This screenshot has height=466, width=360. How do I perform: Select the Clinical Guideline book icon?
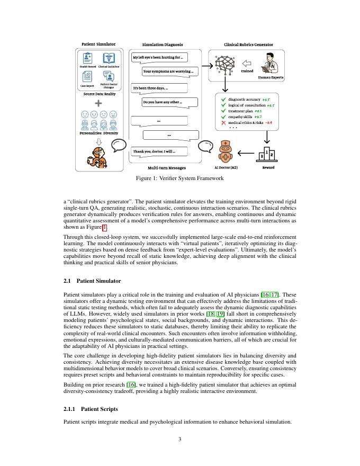coord(109,58)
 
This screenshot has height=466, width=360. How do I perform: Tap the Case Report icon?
coord(87,77)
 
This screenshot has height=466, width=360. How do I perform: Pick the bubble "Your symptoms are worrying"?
coord(170,71)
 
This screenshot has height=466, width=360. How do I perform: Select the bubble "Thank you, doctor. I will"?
coord(159,152)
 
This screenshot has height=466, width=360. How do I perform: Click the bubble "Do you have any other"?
coord(169,102)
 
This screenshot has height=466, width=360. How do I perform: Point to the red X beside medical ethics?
coord(223,123)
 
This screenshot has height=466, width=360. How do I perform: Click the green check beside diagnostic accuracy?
coord(223,99)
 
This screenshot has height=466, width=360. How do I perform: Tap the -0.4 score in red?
coord(268,123)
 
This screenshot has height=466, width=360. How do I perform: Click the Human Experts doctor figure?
coord(270,64)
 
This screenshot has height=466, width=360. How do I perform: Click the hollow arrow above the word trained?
coord(247,63)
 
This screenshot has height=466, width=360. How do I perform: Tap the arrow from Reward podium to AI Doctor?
coord(246,154)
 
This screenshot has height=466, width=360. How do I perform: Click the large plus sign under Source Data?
coord(98,103)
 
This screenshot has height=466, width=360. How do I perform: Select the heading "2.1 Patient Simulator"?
coord(92,281)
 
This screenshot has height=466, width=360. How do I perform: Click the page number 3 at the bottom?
coord(180,439)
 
